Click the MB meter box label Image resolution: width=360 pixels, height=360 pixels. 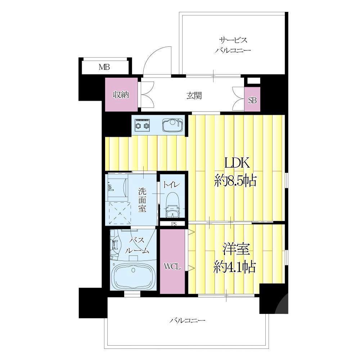pyautogui.click(x=104, y=67)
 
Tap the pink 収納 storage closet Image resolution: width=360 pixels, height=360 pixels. pyautogui.click(x=121, y=95)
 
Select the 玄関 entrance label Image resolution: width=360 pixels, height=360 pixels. pyautogui.click(x=194, y=95)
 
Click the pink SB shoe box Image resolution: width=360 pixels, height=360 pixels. pyautogui.click(x=252, y=99)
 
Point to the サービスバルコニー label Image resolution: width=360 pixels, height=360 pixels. pyautogui.click(x=233, y=45)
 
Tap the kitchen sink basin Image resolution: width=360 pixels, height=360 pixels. pyautogui.click(x=173, y=125)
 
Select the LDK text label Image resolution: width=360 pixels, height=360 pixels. pyautogui.click(x=237, y=163)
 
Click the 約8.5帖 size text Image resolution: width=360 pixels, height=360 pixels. pyautogui.click(x=235, y=181)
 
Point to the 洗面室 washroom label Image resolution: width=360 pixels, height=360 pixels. pyautogui.click(x=142, y=200)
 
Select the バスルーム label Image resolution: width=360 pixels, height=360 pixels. pyautogui.click(x=137, y=246)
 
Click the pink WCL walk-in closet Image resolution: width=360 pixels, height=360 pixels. pyautogui.click(x=172, y=261)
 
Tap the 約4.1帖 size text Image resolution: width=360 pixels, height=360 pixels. pyautogui.click(x=235, y=267)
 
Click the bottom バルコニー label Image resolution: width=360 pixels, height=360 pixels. pyautogui.click(x=187, y=320)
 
